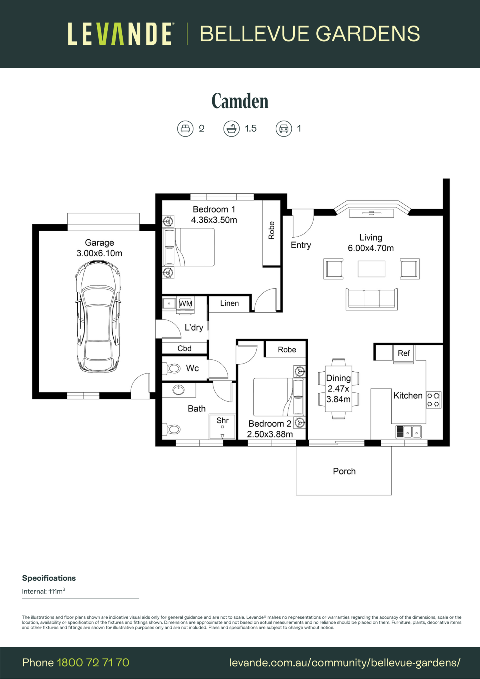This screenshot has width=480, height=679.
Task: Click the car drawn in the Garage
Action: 98,316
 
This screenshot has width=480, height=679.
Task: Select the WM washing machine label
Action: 185,304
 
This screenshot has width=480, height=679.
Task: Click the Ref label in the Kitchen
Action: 404,353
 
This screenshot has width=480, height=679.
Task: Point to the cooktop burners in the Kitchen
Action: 433,400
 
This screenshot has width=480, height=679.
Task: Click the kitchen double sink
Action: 408,432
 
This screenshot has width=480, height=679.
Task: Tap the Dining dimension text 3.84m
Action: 338,399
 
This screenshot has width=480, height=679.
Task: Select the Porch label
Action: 344,471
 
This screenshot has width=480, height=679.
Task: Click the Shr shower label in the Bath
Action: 222,420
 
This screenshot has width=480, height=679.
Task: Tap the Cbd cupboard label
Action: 184,348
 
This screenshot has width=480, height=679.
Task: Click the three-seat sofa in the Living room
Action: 371,299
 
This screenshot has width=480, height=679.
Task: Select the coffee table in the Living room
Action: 371,269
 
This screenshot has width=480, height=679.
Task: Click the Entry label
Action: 301,245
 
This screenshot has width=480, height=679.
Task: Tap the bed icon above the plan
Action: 185,129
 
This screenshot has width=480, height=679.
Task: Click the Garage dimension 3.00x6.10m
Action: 99,253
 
